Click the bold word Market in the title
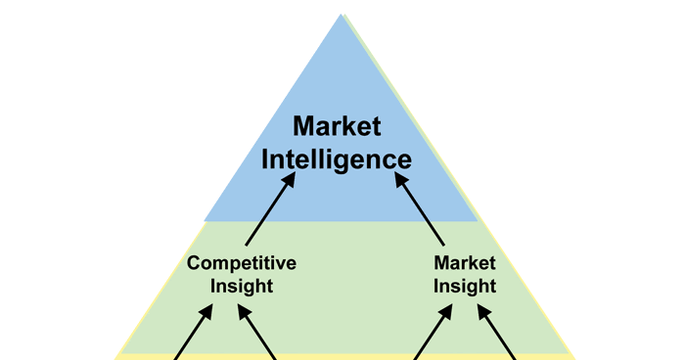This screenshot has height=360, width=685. tap(338, 126)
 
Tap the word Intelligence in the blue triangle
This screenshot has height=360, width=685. tap(338, 158)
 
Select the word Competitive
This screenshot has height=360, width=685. tap(242, 262)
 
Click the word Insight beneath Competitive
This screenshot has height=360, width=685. tap(242, 286)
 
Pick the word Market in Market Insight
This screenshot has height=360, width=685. tap(465, 262)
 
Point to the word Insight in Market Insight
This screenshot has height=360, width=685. tap(465, 286)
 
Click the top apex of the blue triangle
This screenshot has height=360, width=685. tap(342, 15)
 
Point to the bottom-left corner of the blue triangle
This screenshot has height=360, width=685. tap(205, 221)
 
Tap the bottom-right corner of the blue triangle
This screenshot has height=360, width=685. tap(478, 221)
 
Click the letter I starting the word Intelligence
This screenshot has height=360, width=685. tap(265, 158)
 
